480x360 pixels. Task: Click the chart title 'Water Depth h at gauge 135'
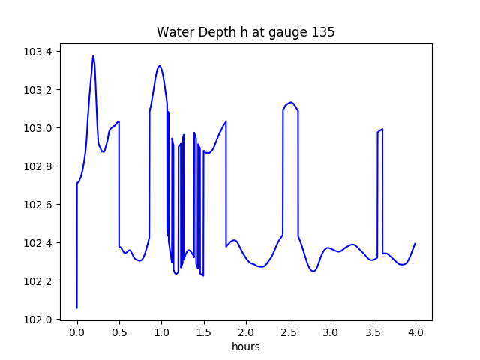(245, 33)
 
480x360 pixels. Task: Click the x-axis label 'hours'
(246, 347)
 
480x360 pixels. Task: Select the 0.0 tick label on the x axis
(77, 331)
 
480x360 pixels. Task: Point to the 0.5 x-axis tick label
(119, 331)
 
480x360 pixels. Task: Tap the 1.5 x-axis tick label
(204, 331)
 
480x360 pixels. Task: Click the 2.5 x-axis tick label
(289, 331)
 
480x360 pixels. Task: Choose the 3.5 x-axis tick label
(373, 331)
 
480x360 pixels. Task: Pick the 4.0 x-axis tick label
(415, 331)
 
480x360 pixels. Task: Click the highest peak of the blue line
(93, 55)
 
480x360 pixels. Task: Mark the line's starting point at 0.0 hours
(77, 307)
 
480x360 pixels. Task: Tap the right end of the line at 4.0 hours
(415, 243)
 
